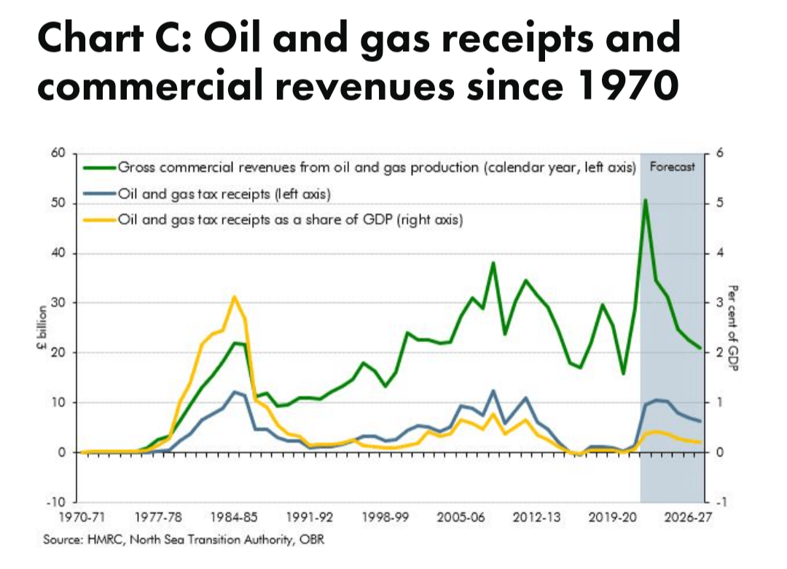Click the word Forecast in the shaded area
tap(672, 166)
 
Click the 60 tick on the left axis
tap(58, 153)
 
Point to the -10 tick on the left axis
tap(56, 503)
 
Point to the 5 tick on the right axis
tap(720, 204)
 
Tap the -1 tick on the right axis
tap(721, 503)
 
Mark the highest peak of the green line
tap(646, 199)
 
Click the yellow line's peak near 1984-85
tap(234, 297)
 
